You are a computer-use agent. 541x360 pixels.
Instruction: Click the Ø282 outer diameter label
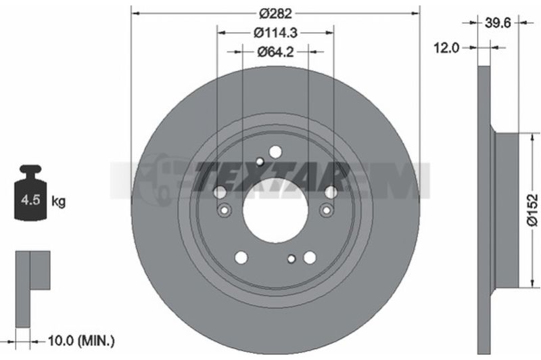coord(276,14)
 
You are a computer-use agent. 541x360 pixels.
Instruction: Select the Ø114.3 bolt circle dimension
coord(275,32)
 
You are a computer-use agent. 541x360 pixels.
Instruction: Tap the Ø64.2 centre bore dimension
coord(275,52)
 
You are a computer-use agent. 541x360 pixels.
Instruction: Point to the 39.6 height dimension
coord(498,23)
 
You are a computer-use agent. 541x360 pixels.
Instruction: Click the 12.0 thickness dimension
coord(446,48)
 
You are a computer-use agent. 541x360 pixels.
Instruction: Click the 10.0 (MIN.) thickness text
coord(80,206)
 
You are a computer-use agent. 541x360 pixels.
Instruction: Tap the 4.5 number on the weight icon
coord(30,200)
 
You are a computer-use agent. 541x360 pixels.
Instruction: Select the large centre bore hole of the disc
coord(275,210)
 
